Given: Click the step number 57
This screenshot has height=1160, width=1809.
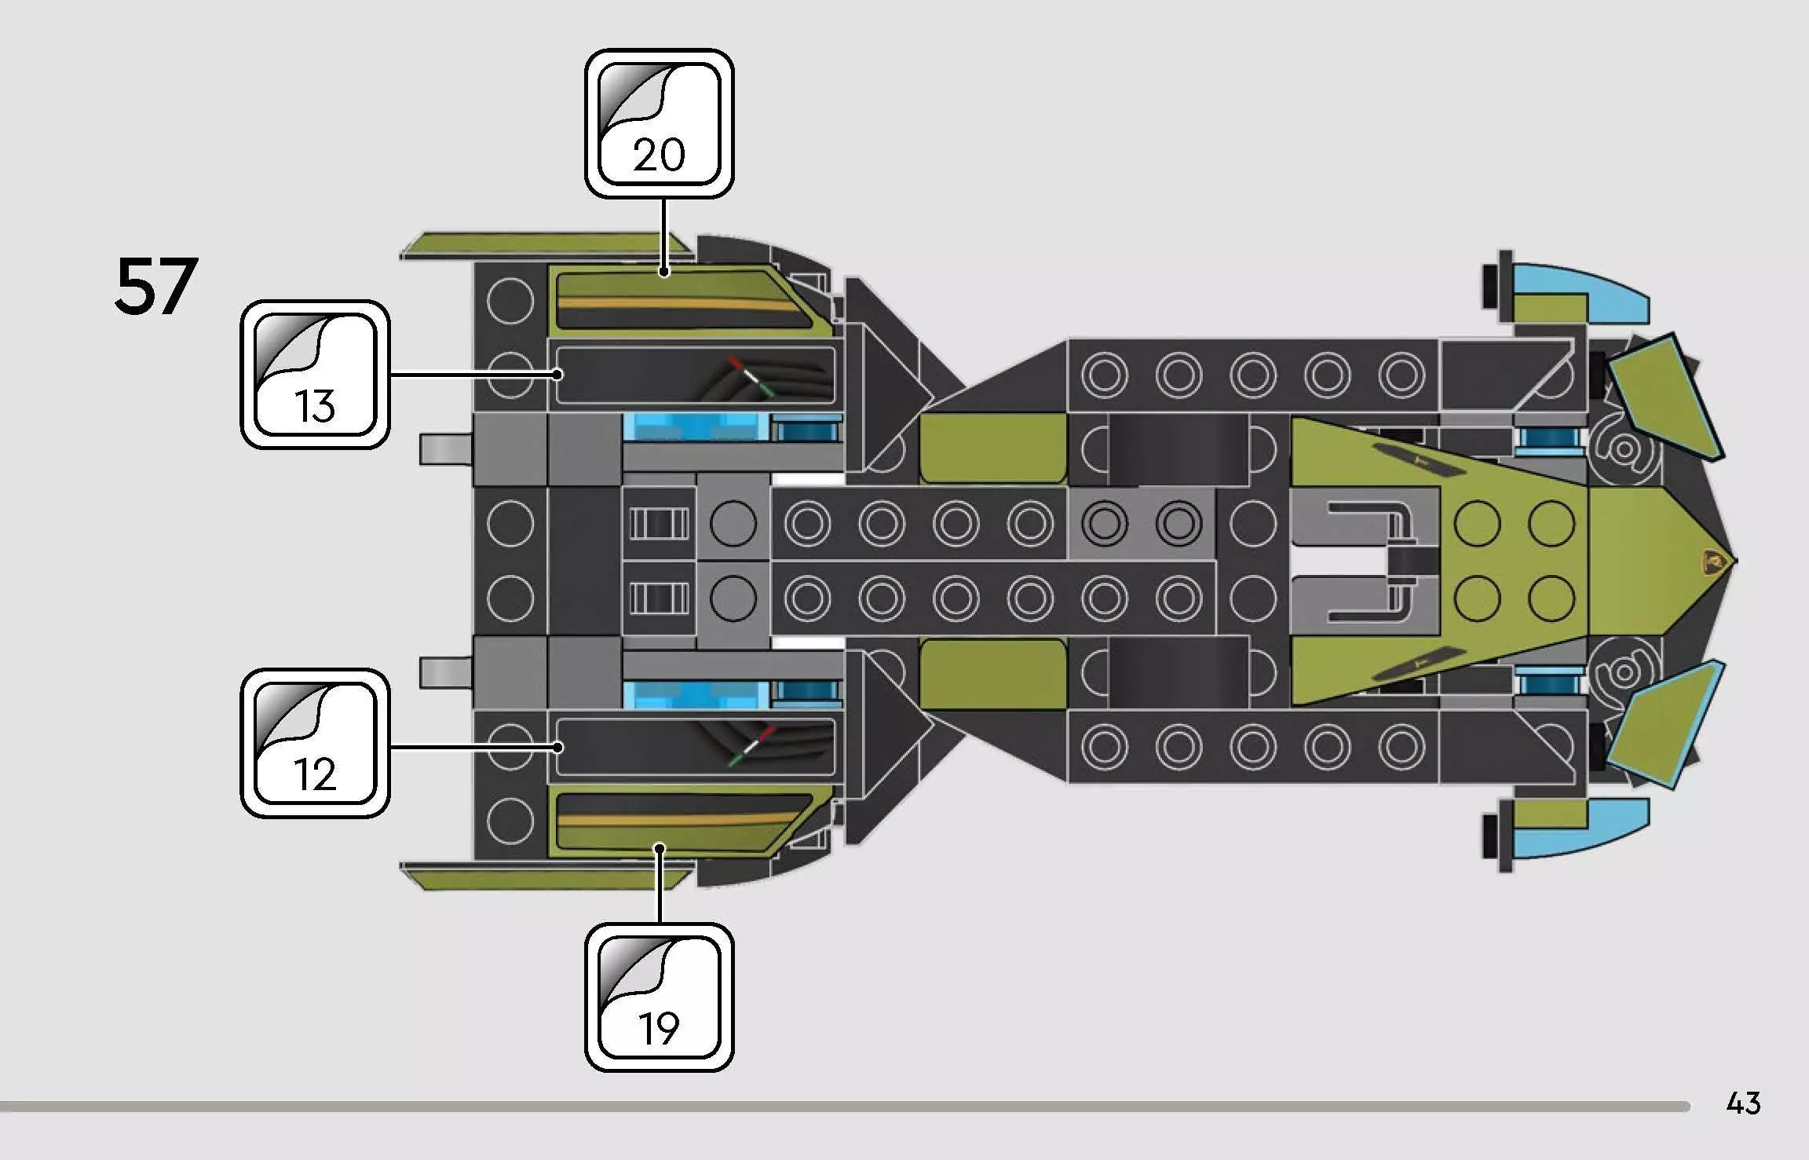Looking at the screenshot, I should point(155,287).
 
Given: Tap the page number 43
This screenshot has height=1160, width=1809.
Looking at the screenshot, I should point(1743,1103).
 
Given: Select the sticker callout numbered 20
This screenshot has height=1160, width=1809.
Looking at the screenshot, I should point(659,123).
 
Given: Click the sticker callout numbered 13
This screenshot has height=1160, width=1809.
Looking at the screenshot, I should point(315,374).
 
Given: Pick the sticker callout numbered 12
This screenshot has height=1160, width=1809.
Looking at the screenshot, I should point(315,743).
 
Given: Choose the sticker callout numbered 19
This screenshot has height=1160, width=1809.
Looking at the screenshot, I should point(659,997).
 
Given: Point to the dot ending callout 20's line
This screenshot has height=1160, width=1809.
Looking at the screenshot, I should point(664,272).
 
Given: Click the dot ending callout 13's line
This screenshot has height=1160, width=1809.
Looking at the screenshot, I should point(557,374).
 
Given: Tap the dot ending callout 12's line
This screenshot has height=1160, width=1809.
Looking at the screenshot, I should point(557,746).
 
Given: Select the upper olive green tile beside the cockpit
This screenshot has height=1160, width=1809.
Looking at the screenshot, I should point(993,448).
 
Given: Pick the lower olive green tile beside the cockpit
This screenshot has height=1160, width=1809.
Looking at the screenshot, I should point(993,674).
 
